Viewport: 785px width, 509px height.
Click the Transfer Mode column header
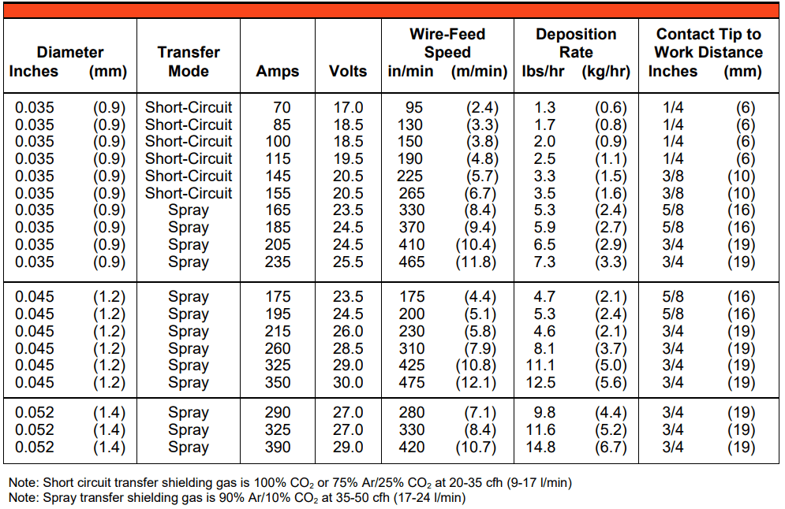(x=189, y=61)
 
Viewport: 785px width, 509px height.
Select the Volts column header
(x=348, y=71)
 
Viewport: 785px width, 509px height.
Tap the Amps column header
(x=278, y=72)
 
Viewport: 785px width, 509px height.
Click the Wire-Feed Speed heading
(x=447, y=43)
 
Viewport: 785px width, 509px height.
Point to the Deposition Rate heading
(x=576, y=43)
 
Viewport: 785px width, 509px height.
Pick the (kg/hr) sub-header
(x=606, y=72)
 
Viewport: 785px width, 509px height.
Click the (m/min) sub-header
(x=479, y=72)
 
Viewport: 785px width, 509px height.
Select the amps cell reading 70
(x=282, y=107)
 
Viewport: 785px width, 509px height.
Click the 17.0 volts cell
(x=349, y=107)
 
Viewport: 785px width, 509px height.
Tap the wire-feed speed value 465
(x=412, y=262)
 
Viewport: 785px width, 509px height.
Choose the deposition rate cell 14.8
(x=540, y=447)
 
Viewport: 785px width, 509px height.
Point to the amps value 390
(x=278, y=447)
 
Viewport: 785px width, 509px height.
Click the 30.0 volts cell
(x=349, y=382)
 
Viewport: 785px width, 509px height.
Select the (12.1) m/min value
(x=476, y=383)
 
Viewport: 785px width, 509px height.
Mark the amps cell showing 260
(x=278, y=348)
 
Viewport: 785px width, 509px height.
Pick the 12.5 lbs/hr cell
(x=540, y=382)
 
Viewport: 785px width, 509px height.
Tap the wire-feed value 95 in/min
(x=414, y=107)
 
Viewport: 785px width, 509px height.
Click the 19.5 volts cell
(x=349, y=159)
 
